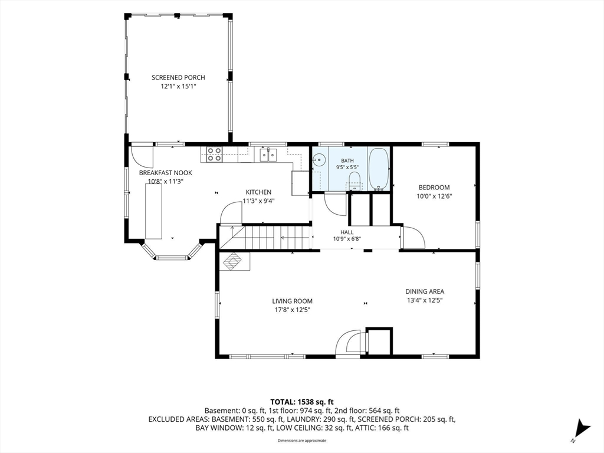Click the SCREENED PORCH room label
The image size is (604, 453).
pyautogui.click(x=178, y=77)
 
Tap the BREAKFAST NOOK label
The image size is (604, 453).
pyautogui.click(x=166, y=173)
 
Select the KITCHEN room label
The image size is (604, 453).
pyautogui.click(x=258, y=192)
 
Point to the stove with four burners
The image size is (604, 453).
pyautogui.click(x=214, y=154)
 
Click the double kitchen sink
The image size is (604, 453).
pyautogui.click(x=268, y=155)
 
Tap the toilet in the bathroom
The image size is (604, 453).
pyautogui.click(x=354, y=180)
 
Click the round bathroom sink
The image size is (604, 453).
pyautogui.click(x=319, y=159)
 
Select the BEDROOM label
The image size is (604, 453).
pyautogui.click(x=434, y=188)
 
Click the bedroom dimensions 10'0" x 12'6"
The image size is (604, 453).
pyautogui.click(x=434, y=196)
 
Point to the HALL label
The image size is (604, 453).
pyautogui.click(x=347, y=232)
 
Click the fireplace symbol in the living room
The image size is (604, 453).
pyautogui.click(x=232, y=261)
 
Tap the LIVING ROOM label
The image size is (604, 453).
pyautogui.click(x=293, y=301)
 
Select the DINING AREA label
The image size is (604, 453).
pyautogui.click(x=425, y=291)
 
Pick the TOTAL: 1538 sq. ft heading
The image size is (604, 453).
pyautogui.click(x=301, y=402)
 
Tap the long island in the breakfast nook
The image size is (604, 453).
pyautogui.click(x=153, y=212)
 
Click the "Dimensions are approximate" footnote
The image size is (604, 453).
pyautogui.click(x=301, y=441)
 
